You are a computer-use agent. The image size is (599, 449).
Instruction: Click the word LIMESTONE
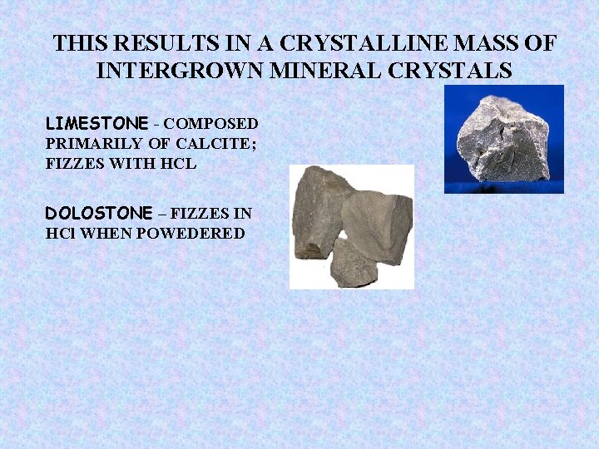[x=95, y=124]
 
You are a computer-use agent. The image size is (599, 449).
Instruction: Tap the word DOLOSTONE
[x=99, y=213]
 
